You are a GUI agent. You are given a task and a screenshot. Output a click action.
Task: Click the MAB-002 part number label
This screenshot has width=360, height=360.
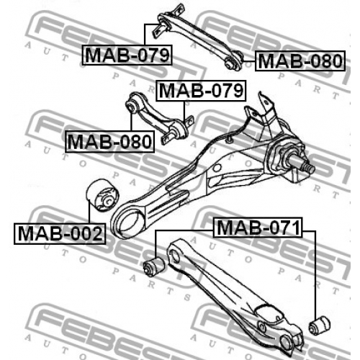point(60,234)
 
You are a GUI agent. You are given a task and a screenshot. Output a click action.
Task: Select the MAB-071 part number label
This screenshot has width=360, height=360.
point(258,228)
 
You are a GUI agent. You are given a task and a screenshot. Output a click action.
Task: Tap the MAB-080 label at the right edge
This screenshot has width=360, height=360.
point(300,61)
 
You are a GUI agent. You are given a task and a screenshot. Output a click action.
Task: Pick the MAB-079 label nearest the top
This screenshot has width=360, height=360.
point(127,55)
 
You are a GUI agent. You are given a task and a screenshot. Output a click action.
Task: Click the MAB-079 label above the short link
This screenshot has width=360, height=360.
point(201,91)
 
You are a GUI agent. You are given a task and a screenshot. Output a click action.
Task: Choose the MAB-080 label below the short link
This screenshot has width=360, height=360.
point(109,142)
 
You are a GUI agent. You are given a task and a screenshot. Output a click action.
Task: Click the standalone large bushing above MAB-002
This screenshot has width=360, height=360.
point(102,195)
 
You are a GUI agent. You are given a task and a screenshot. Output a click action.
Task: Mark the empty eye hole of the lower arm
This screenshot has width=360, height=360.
point(175,256)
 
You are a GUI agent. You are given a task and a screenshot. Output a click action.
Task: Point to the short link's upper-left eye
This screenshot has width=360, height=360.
point(132,106)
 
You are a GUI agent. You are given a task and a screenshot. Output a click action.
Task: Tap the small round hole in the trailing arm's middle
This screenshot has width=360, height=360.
point(217,168)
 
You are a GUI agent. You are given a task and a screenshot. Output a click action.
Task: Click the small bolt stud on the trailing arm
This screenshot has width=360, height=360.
point(230,140)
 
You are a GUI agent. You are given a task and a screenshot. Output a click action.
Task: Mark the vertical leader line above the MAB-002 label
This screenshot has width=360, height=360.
point(89,212)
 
